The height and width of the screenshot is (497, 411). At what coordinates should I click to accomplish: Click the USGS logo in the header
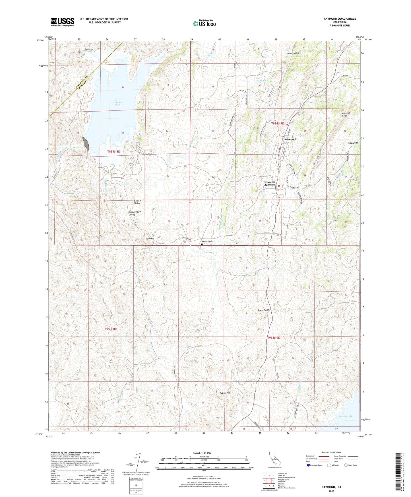62,22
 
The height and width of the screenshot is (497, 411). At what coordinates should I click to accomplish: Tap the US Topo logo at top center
204,23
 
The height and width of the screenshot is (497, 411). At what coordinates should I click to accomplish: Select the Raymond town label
290,139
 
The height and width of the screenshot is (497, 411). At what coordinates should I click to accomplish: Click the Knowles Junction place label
270,183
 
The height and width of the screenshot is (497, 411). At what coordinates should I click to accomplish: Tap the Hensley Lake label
345,416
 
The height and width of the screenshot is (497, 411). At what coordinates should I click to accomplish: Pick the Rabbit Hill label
225,393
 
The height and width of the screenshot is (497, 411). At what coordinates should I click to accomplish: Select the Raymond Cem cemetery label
207,241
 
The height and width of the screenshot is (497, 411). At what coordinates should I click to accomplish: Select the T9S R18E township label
111,329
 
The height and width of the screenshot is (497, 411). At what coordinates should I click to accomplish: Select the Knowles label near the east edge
353,143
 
